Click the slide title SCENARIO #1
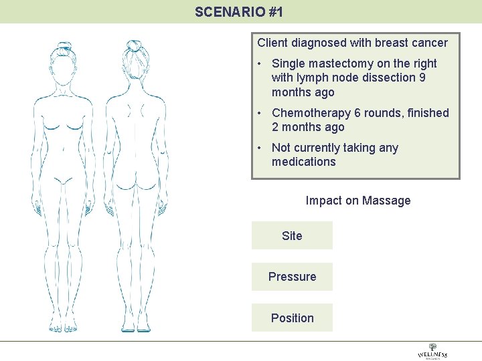point(239,11)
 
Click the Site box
point(292,236)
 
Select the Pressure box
point(292,277)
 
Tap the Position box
point(292,318)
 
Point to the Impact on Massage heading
point(357,201)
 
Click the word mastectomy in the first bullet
point(343,64)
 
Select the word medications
point(303,162)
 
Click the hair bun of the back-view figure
point(134,45)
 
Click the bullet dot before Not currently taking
point(258,148)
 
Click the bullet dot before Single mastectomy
point(258,64)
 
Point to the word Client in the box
point(272,43)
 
